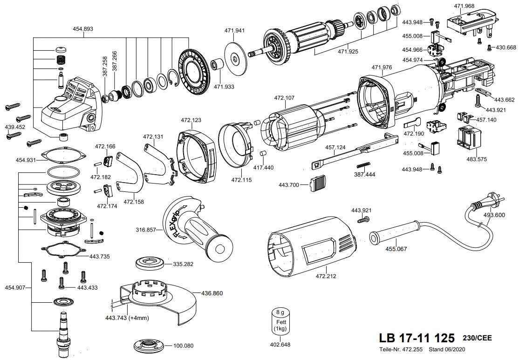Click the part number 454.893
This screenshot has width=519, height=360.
[x=83, y=29]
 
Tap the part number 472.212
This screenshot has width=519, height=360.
[x=326, y=276]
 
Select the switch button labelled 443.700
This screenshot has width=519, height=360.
[x=317, y=183]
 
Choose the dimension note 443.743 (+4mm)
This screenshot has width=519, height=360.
[x=127, y=318]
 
